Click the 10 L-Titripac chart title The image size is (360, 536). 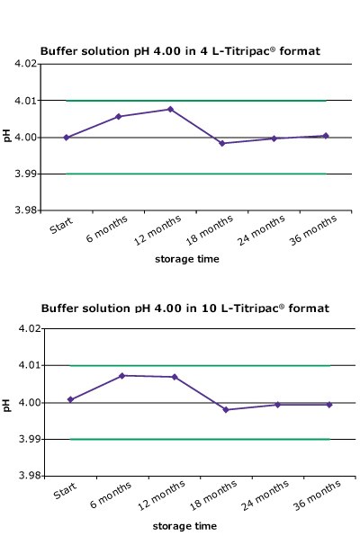pyautogui.click(x=184, y=308)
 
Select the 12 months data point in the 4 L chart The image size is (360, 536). pyautogui.click(x=170, y=109)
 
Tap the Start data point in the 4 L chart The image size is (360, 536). pyautogui.click(x=66, y=138)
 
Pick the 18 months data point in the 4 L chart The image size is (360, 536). pyautogui.click(x=222, y=143)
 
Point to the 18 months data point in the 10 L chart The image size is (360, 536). pyautogui.click(x=226, y=409)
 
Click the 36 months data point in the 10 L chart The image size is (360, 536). pyautogui.click(x=329, y=405)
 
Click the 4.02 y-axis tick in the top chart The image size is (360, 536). pyautogui.click(x=26, y=64)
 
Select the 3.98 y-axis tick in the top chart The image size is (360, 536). pyautogui.click(x=26, y=210)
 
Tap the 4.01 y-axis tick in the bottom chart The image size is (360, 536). pyautogui.click(x=26, y=366)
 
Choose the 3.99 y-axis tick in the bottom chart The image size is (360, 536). pyautogui.click(x=26, y=440)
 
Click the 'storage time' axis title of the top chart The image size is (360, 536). pyautogui.click(x=184, y=259)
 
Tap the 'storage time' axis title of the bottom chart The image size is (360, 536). pyautogui.click(x=184, y=525)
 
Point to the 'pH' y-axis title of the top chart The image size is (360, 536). pyautogui.click(x=7, y=138)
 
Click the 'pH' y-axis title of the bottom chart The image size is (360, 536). pyautogui.click(x=7, y=403)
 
